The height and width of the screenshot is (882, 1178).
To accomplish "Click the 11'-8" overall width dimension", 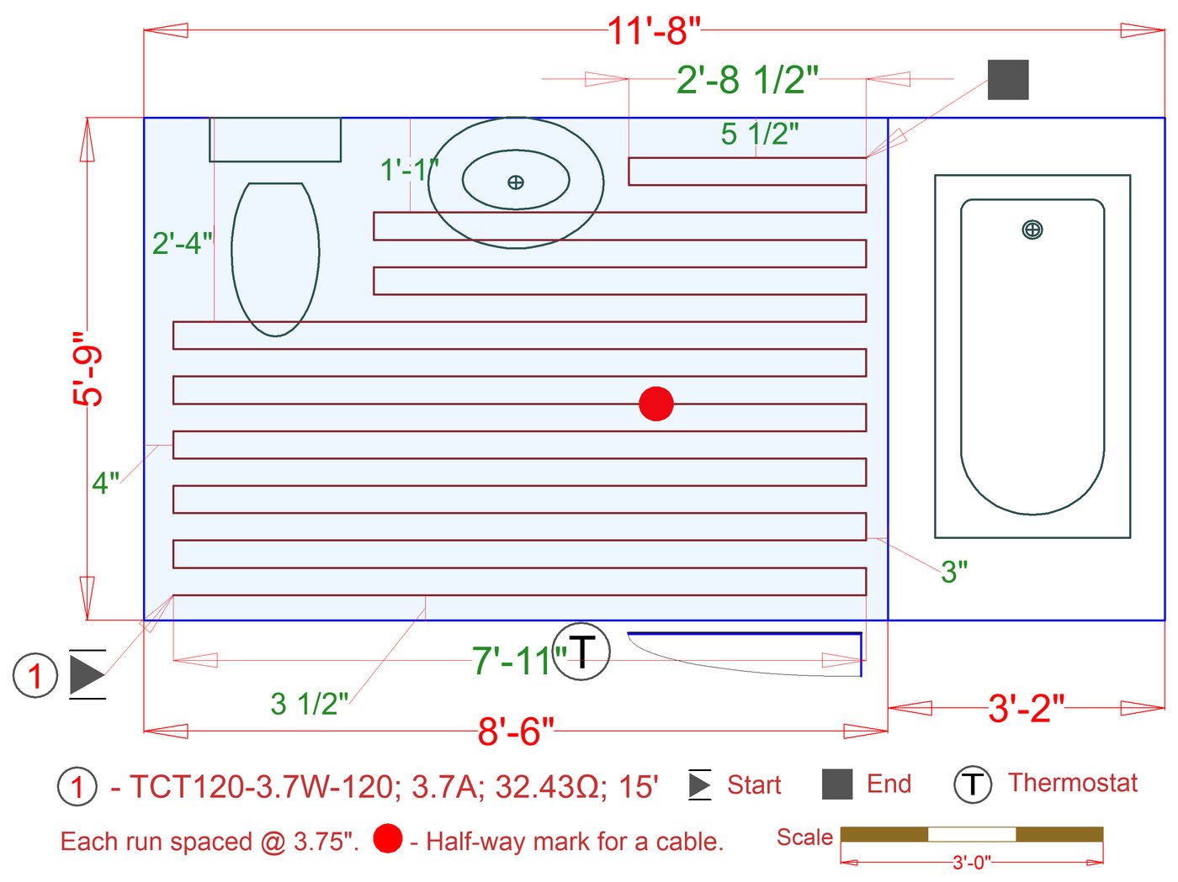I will point(653,31).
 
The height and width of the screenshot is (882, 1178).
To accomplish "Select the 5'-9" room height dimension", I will point(88,368).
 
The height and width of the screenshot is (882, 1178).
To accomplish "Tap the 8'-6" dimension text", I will point(516,731).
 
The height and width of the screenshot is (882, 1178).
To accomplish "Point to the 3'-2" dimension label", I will point(1026,709).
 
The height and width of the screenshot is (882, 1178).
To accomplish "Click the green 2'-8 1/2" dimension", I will point(747,80).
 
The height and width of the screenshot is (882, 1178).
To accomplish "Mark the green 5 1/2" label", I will point(760,134).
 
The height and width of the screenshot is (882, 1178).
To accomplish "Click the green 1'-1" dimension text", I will point(409,170).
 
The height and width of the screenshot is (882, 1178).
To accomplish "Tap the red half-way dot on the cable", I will point(656,404).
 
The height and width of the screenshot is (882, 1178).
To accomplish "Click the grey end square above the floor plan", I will point(1008,80).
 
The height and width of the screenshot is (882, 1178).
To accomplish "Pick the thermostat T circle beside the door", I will point(581,652).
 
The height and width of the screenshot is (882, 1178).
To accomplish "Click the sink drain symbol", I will point(516,182).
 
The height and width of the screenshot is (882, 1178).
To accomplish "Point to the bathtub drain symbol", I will point(1032,230).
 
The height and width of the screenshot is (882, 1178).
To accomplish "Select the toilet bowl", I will point(275,259).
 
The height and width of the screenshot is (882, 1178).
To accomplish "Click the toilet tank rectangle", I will point(275,140).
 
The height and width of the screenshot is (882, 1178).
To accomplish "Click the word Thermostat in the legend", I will point(1073,783).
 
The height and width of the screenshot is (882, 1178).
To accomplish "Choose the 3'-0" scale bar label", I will point(972,863).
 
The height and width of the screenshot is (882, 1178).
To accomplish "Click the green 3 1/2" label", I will point(309,704).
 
